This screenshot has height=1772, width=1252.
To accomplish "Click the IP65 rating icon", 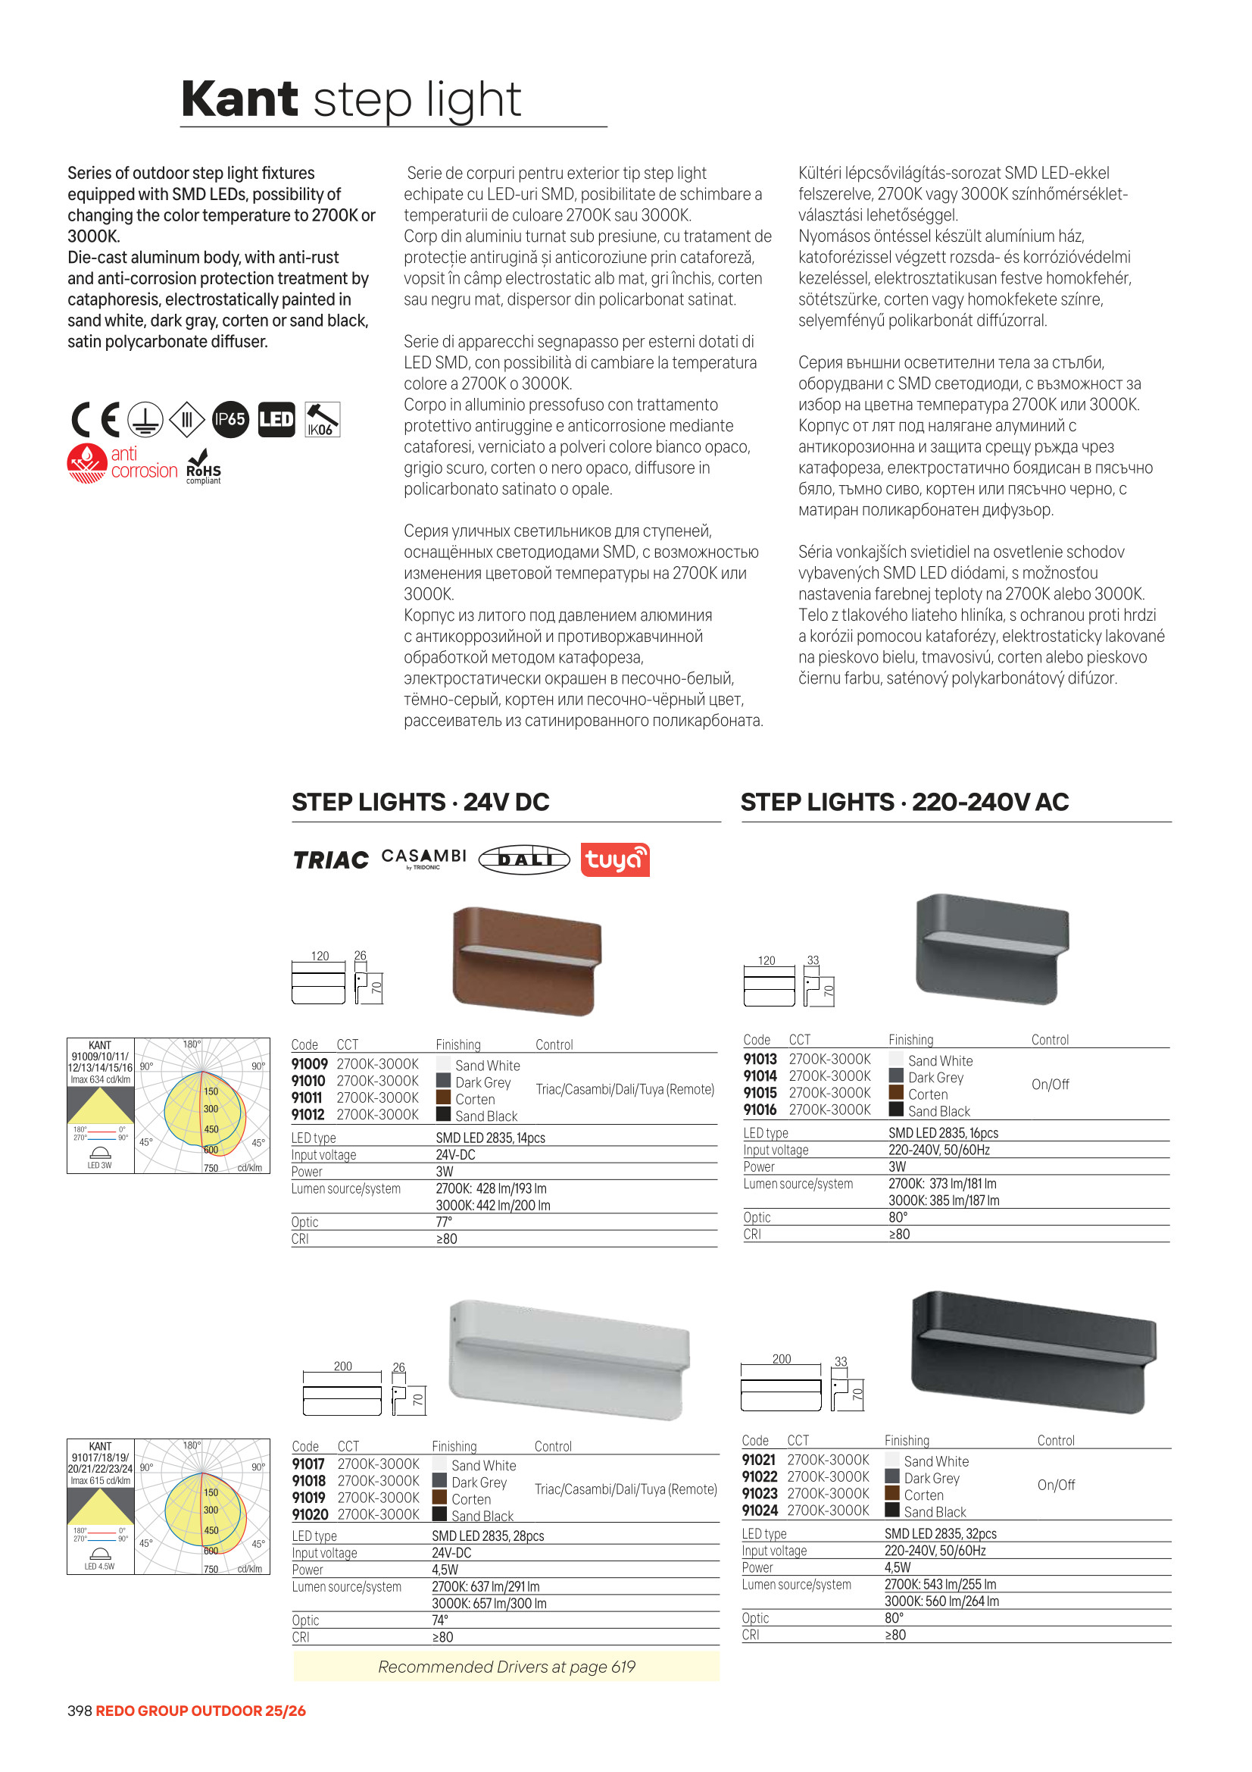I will [x=230, y=420].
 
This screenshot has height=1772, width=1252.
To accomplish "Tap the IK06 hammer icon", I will [x=322, y=420].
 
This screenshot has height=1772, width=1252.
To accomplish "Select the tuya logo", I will [x=614, y=859].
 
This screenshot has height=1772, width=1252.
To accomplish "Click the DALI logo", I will [x=524, y=859].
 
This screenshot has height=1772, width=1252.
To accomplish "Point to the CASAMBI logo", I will [x=423, y=857].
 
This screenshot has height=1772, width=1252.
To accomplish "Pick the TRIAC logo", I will [x=330, y=859].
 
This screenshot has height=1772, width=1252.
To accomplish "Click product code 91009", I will [x=309, y=1064].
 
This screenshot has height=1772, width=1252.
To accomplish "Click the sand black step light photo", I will [x=1033, y=1352].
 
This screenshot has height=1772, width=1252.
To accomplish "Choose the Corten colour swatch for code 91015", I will [x=895, y=1093].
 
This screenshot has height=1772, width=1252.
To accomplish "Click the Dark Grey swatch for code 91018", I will [x=440, y=1480].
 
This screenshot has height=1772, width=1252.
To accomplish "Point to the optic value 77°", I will [x=444, y=1222].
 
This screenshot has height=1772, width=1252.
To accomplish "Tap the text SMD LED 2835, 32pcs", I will [x=940, y=1533].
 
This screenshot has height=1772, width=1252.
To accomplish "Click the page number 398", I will [x=80, y=1711].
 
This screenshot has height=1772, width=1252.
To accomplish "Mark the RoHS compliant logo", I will [x=204, y=467].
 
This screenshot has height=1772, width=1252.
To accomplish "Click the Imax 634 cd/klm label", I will [x=100, y=1080].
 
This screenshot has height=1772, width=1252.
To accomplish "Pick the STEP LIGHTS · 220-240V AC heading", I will [x=904, y=802].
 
